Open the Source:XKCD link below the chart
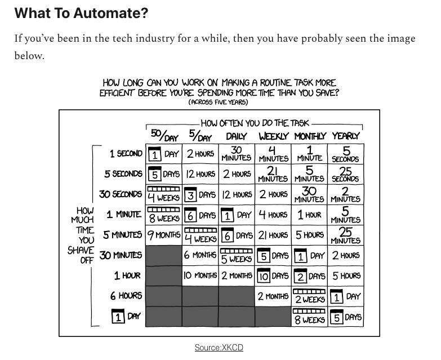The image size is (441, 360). coord(219,348)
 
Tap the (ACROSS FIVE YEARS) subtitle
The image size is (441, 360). coord(219,102)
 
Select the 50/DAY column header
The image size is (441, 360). coord(164,136)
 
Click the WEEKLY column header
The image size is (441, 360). coord(273,136)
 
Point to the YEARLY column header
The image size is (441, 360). coord(345,136)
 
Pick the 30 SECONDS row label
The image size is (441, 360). coord(121,194)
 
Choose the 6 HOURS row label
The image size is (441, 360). coord(127,296)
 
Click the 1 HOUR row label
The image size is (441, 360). coord(128,275)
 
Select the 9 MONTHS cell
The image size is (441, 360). coord(164,235)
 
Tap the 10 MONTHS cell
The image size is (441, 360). coord(200,276)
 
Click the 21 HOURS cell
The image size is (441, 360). coord(273,235)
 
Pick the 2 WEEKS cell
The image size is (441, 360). coord(309,296)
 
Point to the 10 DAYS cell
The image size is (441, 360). coord(273,276)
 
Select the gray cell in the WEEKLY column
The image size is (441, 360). coord(273,317)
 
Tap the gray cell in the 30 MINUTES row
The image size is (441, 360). coord(164,255)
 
